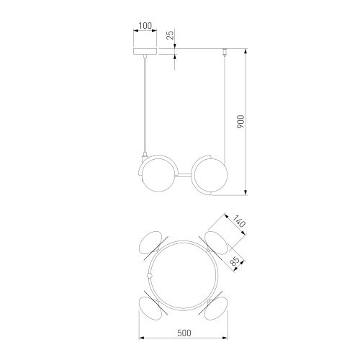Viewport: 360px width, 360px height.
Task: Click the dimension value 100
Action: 145,26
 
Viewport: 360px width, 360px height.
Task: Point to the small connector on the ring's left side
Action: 149,275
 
